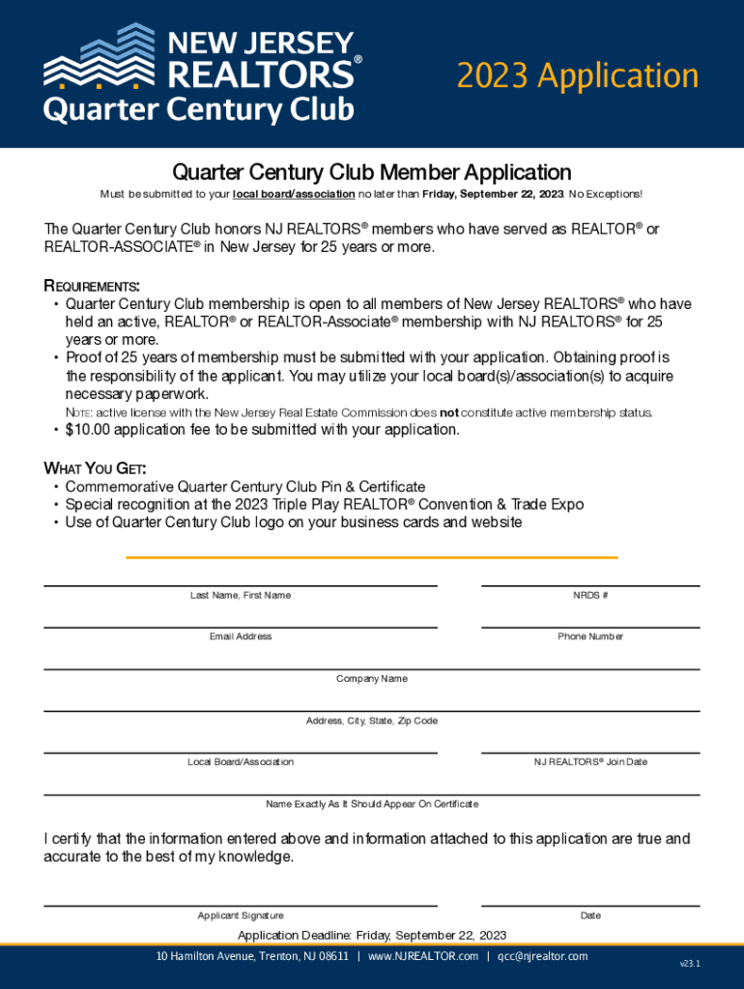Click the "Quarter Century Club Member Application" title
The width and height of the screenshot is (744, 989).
tap(372, 173)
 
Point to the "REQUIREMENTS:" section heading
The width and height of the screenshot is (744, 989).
tap(92, 286)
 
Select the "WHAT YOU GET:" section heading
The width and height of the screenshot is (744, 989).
tap(95, 469)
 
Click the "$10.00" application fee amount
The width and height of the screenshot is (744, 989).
tap(93, 430)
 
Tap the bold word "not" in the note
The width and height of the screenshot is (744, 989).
tap(449, 413)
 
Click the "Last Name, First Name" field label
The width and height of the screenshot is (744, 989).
tap(240, 595)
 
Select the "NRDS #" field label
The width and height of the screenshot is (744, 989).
tap(590, 595)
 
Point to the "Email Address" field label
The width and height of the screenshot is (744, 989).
tap(241, 636)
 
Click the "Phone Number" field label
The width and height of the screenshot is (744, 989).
tap(590, 636)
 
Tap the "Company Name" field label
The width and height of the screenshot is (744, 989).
tap(372, 679)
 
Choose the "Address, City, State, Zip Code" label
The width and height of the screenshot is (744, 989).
tap(372, 721)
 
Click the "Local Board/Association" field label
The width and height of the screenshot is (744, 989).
tap(241, 762)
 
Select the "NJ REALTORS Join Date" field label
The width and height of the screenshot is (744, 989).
tap(590, 762)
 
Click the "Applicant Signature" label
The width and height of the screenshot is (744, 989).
tap(241, 916)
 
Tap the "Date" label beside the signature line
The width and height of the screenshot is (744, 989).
tap(590, 916)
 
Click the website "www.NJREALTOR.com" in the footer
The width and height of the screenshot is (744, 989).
tap(423, 956)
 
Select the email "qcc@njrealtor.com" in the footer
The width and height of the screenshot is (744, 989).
tap(542, 956)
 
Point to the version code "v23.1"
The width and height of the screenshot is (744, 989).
tap(690, 964)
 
